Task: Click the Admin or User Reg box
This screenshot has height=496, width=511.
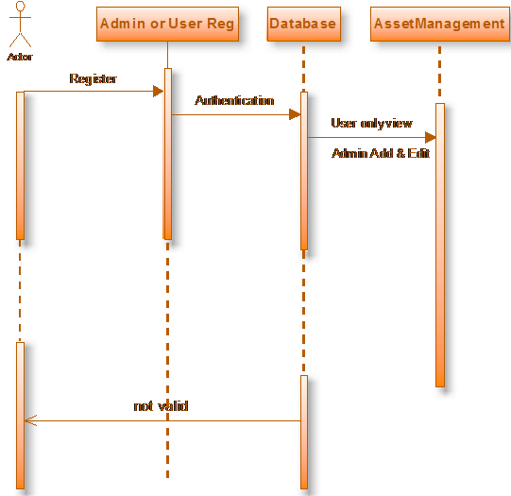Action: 167,25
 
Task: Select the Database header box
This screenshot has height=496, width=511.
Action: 304,25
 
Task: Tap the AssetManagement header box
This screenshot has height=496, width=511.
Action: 440,25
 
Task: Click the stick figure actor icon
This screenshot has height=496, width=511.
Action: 20,25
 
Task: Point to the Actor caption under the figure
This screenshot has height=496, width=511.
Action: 20,57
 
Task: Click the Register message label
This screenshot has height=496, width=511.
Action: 93,78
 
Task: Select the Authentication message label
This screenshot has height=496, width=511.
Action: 234,100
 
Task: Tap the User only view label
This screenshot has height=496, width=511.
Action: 371,123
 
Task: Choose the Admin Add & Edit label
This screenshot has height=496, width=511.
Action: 381,153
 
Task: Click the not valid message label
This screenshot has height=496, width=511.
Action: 161,406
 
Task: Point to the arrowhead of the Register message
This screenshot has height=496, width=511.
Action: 158,92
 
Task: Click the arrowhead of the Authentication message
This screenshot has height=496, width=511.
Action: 295,114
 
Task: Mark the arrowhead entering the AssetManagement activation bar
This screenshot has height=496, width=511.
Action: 430,138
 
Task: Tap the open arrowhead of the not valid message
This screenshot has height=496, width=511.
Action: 30,420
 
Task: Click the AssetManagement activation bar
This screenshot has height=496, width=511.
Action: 440,245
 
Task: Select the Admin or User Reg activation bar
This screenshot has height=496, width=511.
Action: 168,154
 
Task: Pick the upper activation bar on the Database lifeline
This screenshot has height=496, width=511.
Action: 304,171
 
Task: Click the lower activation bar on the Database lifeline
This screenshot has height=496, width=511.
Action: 304,432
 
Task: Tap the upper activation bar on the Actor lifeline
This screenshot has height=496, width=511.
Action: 20,165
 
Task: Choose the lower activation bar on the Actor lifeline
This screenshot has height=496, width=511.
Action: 20,416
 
